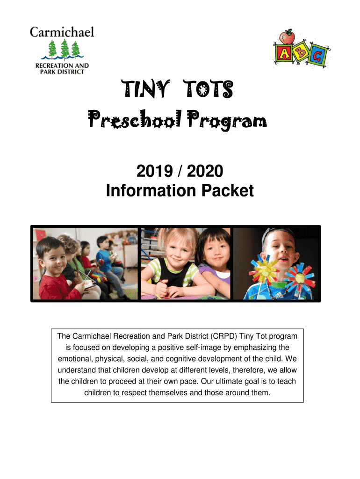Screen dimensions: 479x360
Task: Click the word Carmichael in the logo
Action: [x=62, y=32]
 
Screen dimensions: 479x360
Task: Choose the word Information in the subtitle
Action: [x=149, y=191]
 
